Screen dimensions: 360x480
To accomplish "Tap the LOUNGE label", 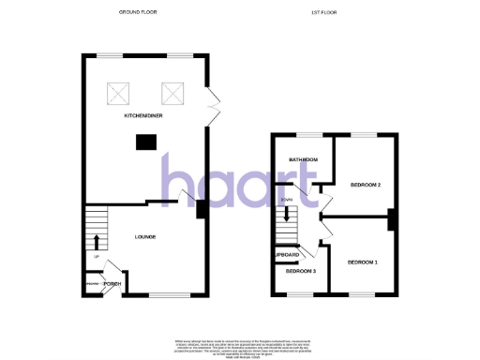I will (144, 236).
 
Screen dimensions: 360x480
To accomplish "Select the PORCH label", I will (112, 283).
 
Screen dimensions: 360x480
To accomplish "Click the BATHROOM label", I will (304, 160).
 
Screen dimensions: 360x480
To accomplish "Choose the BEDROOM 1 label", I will (363, 261).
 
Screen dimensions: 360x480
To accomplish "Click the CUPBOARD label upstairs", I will (286, 255).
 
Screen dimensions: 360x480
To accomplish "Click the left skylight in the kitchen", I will (119, 92).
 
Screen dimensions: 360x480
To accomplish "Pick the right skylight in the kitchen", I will (172, 92).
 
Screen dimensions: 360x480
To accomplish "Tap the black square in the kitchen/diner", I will (145, 142).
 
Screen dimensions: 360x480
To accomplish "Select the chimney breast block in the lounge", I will (200, 210).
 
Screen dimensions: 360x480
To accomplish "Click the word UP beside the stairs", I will (96, 256).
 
